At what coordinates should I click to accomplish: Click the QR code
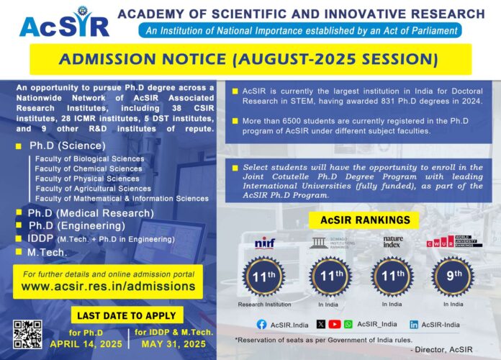click(27, 334)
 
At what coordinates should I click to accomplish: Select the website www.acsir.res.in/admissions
click(108, 286)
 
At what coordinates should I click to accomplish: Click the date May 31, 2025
click(172, 343)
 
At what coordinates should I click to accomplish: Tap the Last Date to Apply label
click(127, 315)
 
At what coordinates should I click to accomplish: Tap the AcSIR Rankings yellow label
click(359, 219)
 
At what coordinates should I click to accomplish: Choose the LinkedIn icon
click(415, 325)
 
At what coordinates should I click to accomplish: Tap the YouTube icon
click(335, 325)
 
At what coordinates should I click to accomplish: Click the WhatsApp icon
click(348, 325)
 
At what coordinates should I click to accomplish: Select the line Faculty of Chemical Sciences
click(88, 168)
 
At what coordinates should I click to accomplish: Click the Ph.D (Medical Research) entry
click(91, 213)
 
